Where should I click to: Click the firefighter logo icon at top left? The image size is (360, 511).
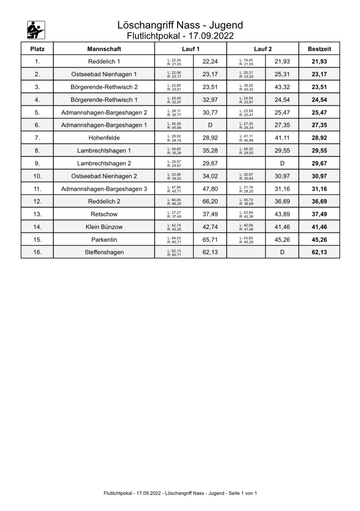coord(36,30)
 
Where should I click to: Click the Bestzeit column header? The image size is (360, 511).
coord(319,49)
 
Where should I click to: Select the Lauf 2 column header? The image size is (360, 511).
coord(263,49)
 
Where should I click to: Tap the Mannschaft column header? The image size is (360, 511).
coord(104,49)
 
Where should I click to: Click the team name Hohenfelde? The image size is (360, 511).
coord(104,138)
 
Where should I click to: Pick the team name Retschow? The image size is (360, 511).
coord(104,214)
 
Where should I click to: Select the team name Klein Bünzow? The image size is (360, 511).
coord(104,227)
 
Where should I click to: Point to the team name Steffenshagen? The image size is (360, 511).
coord(104,252)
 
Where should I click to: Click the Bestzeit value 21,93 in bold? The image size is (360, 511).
coord(319,62)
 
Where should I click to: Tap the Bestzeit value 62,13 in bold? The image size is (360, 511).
coord(319,252)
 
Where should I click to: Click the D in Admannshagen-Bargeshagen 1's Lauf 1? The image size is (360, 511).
coord(210,125)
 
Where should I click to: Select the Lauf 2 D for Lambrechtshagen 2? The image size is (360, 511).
coord(282,164)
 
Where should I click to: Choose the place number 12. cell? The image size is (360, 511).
coord(37,202)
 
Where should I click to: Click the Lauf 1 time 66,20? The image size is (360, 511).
coord(210,202)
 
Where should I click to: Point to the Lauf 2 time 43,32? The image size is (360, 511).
coord(282,87)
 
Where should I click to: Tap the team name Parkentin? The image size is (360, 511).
coord(104,240)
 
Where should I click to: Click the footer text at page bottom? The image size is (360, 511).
coord(180,493)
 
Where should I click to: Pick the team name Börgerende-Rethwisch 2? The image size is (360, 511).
coord(104,87)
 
